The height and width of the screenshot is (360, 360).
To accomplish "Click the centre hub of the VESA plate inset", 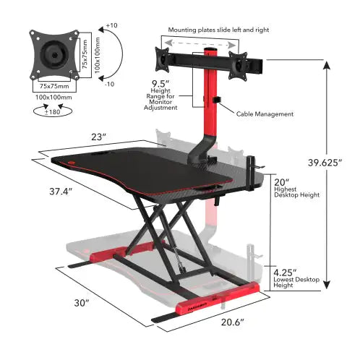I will click(51, 54).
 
